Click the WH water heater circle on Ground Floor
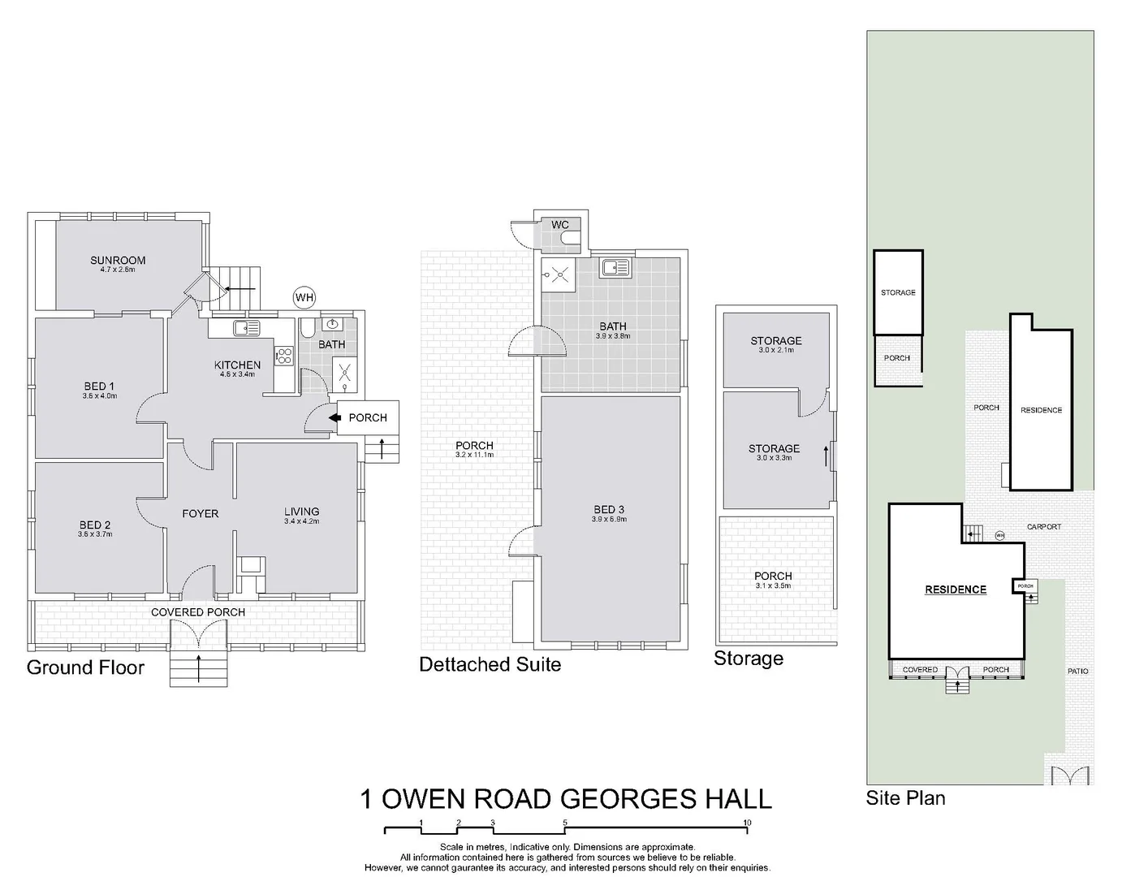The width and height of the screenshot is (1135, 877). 304,297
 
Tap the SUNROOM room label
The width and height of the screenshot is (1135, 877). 118,261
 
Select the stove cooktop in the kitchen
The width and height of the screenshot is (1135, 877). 285,356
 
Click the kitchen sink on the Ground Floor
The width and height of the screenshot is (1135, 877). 246,328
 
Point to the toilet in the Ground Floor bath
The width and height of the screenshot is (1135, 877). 308,328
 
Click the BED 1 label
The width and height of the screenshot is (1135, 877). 99,386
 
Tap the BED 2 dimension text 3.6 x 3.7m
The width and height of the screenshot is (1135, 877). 95,534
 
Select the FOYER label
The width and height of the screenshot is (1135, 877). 200,513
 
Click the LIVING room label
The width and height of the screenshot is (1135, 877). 301,512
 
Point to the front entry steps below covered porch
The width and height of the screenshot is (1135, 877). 198,668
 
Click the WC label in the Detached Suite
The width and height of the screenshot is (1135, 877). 559,225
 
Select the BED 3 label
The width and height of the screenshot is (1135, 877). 609,510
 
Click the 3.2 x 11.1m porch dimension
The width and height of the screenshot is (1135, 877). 474,455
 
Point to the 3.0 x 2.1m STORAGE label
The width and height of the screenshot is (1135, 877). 775,341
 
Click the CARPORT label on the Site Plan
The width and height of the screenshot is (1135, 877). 1043,527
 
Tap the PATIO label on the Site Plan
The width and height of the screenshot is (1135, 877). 1078,671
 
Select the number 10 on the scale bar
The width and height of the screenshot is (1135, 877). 747,823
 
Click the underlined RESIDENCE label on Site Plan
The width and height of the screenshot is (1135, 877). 956,590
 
